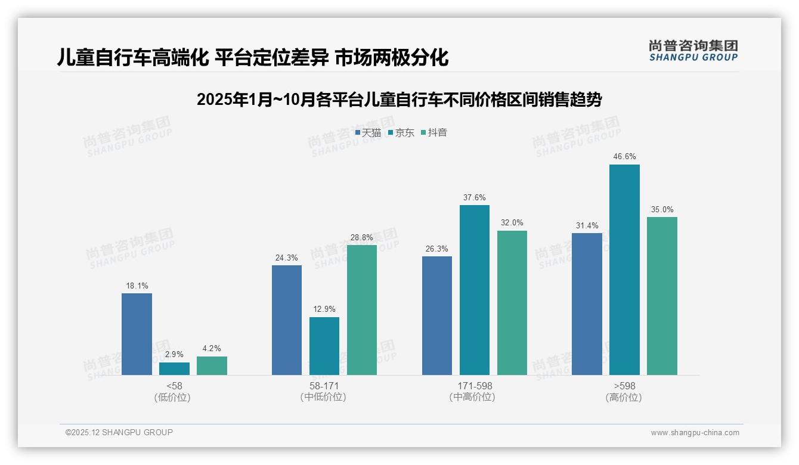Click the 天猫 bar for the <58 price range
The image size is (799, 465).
137,334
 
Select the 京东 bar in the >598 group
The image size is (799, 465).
624,269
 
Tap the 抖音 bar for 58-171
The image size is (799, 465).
362,310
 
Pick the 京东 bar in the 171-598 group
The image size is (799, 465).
475,290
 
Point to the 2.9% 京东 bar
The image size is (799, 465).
174,368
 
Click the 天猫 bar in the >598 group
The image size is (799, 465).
587,304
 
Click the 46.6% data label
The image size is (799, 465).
624,157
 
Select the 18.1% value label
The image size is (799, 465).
137,286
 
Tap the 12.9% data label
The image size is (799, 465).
324,309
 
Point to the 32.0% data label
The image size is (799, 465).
512,223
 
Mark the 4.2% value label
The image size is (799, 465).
212,349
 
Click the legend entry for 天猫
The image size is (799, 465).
368,133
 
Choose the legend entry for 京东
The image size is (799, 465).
401,133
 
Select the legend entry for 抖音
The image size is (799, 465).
434,133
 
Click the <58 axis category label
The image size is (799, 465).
174,386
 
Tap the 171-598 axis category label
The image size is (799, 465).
475,386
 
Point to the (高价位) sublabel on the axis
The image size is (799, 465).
624,398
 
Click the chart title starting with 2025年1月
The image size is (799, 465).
399,100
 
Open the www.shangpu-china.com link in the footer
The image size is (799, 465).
695,433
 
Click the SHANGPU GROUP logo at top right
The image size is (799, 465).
693,51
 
